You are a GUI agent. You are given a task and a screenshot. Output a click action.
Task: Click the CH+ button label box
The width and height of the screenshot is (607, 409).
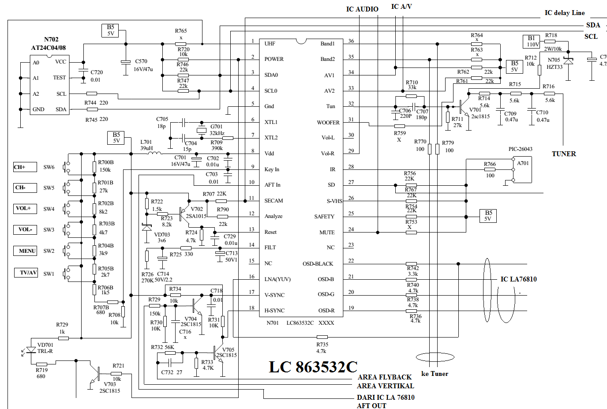25,167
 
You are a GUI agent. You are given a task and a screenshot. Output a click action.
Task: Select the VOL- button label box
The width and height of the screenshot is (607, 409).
25,229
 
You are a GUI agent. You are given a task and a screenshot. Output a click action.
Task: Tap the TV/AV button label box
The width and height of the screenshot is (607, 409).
28,273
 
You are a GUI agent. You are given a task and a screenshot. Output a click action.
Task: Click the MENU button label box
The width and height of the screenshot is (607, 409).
25,251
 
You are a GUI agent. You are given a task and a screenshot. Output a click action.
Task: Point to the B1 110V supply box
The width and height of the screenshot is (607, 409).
532,41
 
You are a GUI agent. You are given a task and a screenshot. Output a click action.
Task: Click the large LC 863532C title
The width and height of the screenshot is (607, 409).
313,367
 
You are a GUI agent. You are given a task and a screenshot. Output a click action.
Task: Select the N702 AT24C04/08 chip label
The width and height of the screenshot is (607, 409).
49,43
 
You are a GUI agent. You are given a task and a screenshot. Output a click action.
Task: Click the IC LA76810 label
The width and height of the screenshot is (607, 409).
518,279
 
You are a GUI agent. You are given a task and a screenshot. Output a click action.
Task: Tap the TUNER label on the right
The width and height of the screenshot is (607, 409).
564,154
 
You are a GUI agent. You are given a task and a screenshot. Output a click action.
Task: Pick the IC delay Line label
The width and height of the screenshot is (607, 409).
564,13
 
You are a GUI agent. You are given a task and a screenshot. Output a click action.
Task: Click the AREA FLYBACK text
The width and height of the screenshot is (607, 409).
384,377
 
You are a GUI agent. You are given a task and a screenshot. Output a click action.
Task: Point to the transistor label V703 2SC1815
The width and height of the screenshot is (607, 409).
109,387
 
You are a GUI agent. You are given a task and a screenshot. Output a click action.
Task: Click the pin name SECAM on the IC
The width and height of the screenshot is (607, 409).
274,201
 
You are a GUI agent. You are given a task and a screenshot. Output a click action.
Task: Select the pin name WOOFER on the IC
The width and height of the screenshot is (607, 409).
328,123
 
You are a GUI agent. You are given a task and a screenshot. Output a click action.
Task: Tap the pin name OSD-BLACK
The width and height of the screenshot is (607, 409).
318,264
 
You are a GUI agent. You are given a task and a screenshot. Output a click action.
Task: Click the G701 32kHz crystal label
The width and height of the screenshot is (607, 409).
217,130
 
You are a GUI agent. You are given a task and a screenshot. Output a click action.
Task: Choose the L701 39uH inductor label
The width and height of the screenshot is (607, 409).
146,145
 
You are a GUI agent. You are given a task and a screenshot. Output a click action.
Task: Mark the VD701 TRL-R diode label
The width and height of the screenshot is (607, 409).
45,348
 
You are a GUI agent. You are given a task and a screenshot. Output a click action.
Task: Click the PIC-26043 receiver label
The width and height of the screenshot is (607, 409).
520,149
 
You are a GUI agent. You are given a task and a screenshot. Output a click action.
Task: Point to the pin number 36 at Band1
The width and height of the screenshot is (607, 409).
351,41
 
